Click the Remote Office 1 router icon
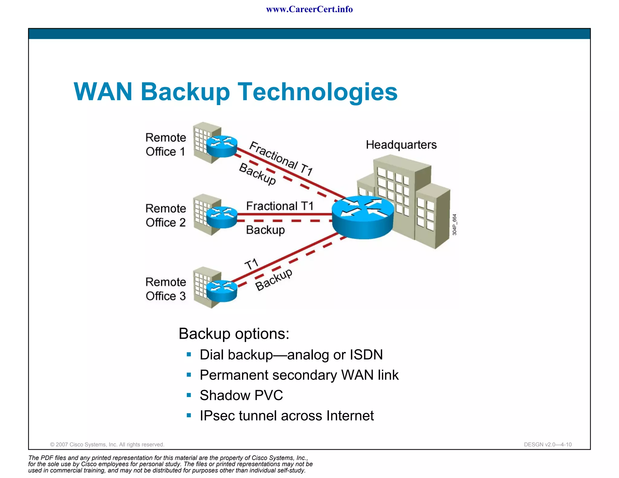click(x=222, y=146)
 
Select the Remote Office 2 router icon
click(x=222, y=217)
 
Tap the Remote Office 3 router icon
click(x=222, y=290)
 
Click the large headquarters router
click(x=363, y=216)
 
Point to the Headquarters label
click(x=401, y=145)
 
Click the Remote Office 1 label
click(x=166, y=144)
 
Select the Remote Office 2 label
click(x=166, y=215)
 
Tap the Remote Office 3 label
click(x=166, y=289)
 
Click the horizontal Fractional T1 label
click(x=280, y=206)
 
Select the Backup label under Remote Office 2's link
click(x=265, y=230)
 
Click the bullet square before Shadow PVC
click(x=189, y=395)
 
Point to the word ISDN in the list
click(x=366, y=355)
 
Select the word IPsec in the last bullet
click(x=218, y=416)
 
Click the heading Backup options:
click(x=234, y=334)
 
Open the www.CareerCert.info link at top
click(x=309, y=9)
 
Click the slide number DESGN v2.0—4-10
click(x=548, y=444)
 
